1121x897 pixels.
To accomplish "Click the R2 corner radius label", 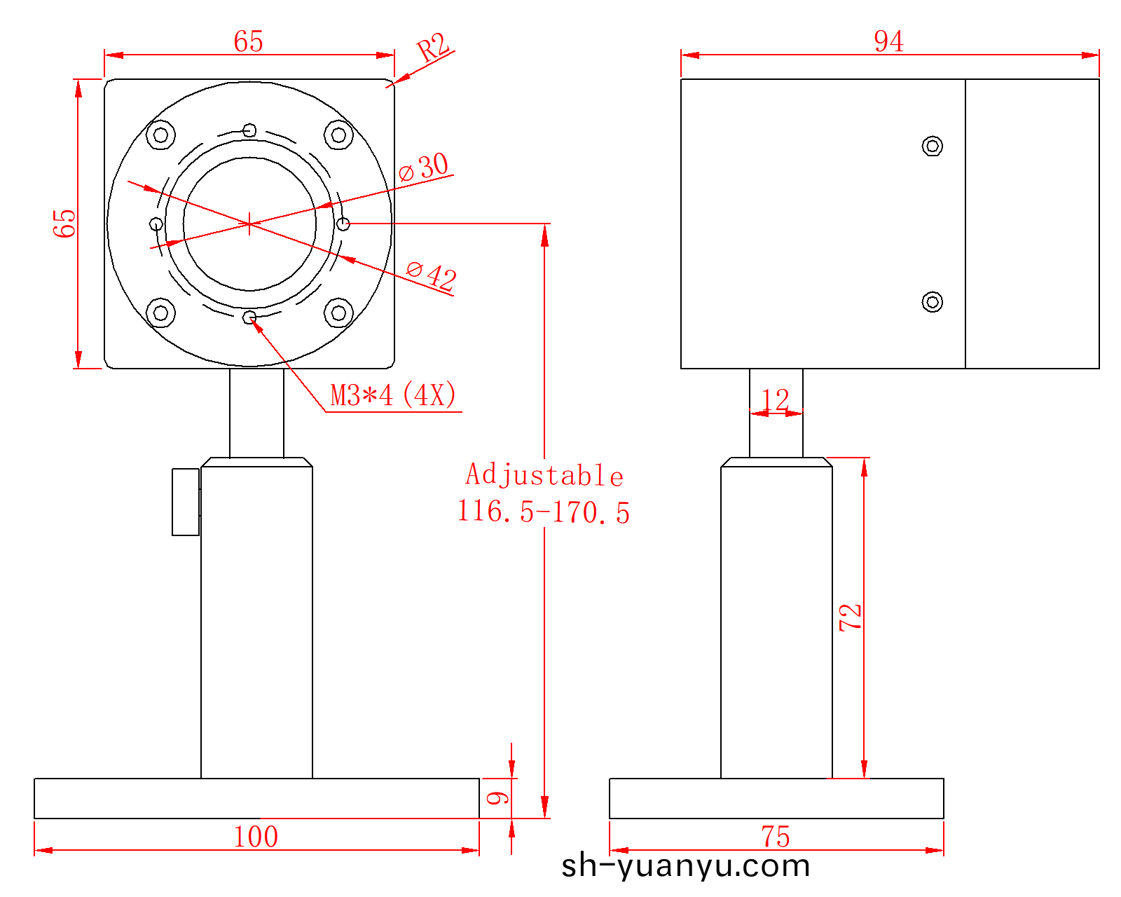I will pos(433,48).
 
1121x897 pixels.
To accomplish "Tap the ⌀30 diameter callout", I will pos(425,167).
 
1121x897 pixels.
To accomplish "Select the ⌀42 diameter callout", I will pos(432,275).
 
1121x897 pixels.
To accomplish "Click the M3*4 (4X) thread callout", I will pos(393,396).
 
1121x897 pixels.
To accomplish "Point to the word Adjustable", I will pos(544,475).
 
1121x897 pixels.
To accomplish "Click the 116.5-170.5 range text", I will pos(544,512).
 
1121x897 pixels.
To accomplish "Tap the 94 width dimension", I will pos(888,41).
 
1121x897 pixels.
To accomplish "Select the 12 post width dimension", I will pos(776,400).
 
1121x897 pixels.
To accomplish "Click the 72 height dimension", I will pos(851,617).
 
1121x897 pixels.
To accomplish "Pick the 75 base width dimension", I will pos(776,837).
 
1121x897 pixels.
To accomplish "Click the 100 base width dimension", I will pos(256,837).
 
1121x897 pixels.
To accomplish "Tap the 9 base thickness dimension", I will pos(497,798).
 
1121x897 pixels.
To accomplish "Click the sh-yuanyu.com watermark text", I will pos(685,866).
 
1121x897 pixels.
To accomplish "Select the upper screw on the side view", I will pos(932,146).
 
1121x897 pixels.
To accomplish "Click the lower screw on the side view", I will pos(932,302).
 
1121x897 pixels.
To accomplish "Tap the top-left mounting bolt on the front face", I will pos(160,135).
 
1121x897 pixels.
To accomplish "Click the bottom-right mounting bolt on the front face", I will pos(338,313).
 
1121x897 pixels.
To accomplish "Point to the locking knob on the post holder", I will pos(186,502).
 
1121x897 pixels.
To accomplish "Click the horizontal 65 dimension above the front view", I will pos(249,42).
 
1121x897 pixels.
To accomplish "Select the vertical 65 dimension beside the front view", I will pos(64,223).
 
